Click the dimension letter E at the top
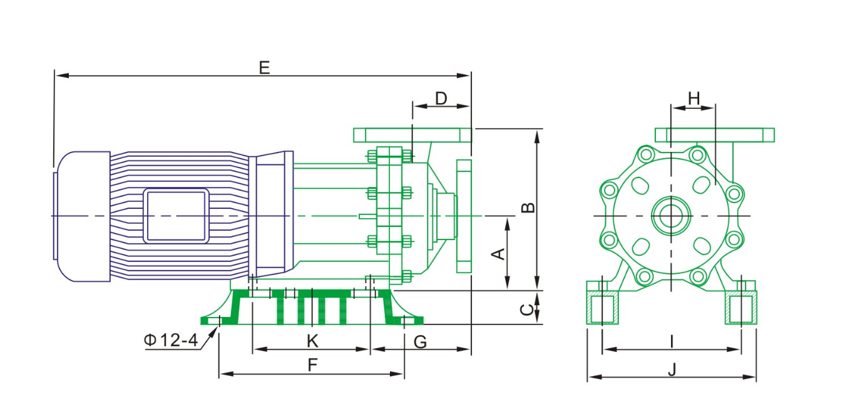(264, 67)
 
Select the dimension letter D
(441, 98)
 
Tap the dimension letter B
(530, 208)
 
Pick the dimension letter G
(421, 341)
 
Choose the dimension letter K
(312, 341)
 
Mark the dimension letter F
(312, 366)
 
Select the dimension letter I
(672, 341)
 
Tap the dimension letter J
(672, 369)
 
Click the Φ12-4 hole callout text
(170, 341)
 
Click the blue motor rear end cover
(81, 216)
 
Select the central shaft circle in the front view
(670, 216)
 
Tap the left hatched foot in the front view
(603, 308)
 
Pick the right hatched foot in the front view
(742, 308)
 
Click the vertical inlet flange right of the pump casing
(464, 216)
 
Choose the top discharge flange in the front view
(714, 134)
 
